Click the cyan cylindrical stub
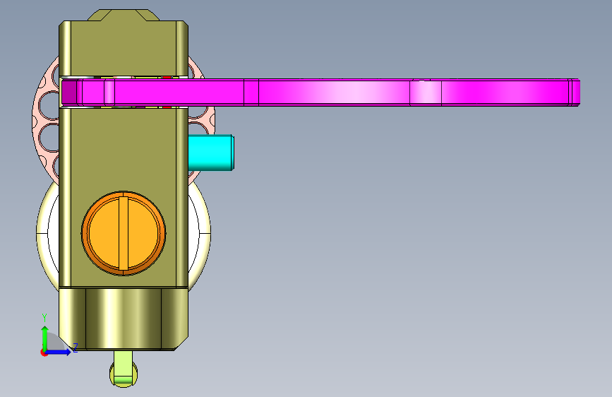(x=211, y=153)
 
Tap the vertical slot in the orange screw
(x=124, y=233)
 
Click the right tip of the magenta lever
(x=580, y=93)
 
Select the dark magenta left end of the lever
(x=69, y=93)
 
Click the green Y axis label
(x=44, y=317)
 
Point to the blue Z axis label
(x=76, y=348)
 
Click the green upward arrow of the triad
(x=45, y=338)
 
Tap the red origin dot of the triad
(x=43, y=352)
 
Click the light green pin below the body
(x=124, y=369)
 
